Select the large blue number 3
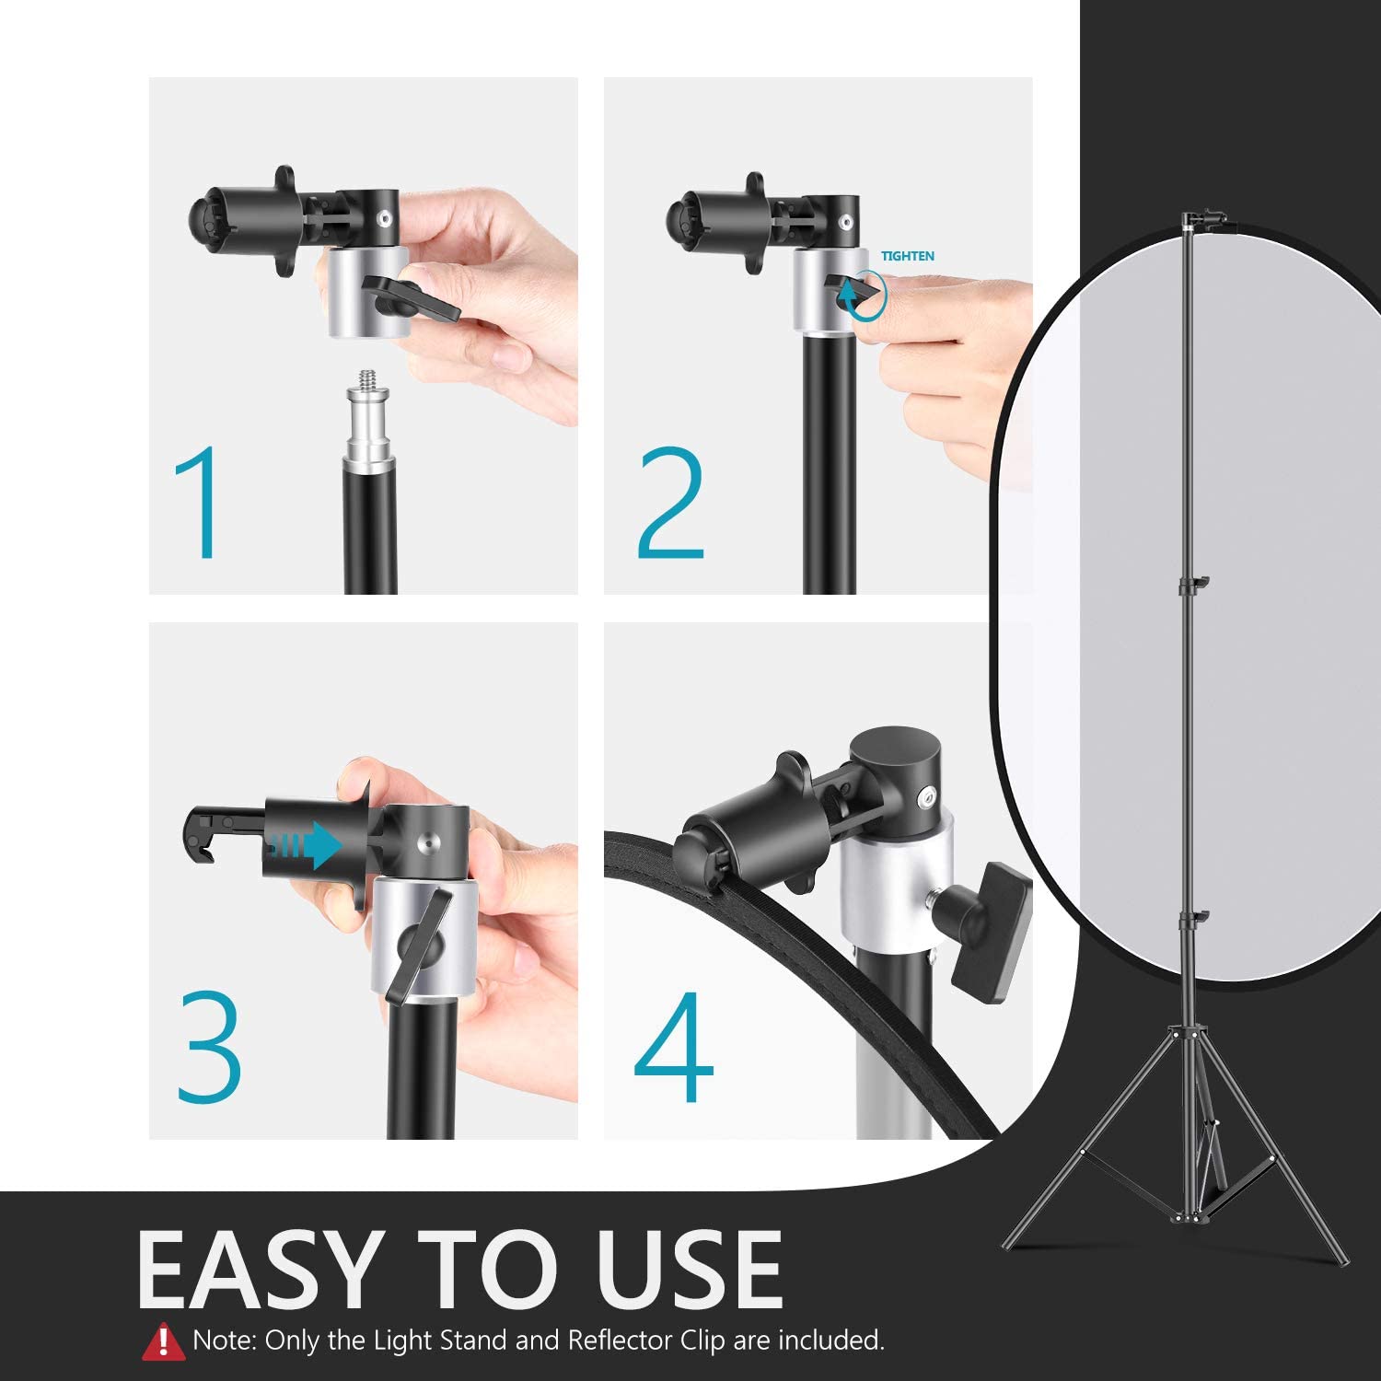[210, 1048]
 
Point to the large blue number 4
[675, 1048]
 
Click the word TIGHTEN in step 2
[908, 256]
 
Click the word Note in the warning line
[224, 1340]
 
